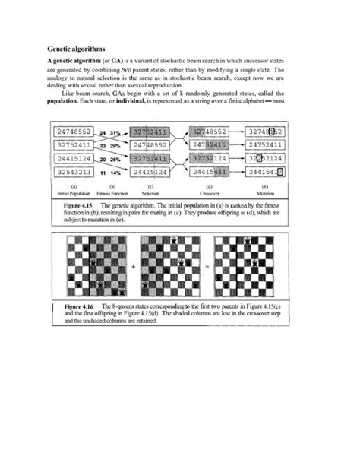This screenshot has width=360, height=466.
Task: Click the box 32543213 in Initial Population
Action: pos(74,173)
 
